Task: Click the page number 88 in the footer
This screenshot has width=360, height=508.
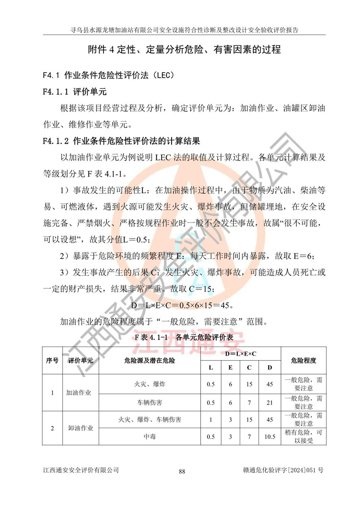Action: point(182,471)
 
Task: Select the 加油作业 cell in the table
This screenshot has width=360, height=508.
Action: point(79,392)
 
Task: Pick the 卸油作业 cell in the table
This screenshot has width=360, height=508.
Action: point(79,428)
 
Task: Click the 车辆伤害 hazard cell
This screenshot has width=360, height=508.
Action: point(149,402)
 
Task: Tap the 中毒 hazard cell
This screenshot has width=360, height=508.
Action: point(149,437)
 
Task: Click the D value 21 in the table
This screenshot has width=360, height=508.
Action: point(270,402)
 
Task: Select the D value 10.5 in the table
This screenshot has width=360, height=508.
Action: point(270,437)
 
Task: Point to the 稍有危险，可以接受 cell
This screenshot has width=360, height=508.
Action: point(303,437)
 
